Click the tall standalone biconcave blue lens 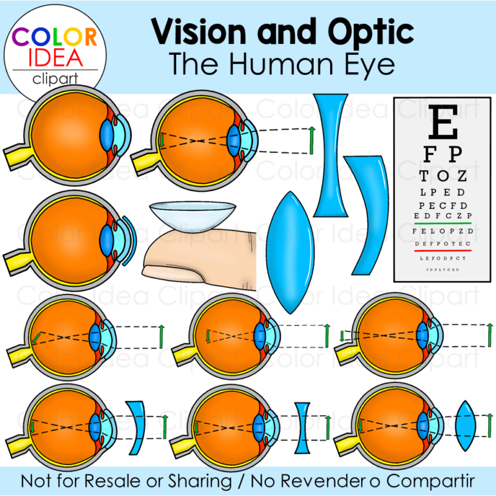(x=331, y=155)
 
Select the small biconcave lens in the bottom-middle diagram (x=304, y=427)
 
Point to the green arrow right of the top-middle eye (x=312, y=139)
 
